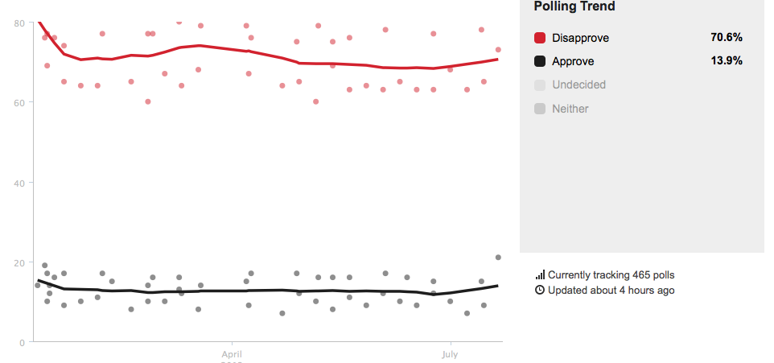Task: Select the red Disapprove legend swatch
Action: [540, 38]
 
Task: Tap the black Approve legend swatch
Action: [540, 61]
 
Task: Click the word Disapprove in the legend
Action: [580, 38]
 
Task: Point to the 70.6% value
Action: [727, 38]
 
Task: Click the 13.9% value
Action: [727, 61]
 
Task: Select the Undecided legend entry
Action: [578, 85]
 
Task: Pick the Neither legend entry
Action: [570, 109]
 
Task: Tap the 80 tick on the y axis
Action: [19, 23]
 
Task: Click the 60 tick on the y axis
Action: [19, 102]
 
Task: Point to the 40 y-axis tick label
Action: [19, 183]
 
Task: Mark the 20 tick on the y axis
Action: [19, 262]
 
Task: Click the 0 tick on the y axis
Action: [22, 342]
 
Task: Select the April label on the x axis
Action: [232, 353]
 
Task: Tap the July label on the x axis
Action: [450, 353]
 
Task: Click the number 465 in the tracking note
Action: [625, 275]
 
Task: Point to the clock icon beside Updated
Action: [540, 290]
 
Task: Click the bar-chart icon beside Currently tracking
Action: [540, 275]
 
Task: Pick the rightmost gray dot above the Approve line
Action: [498, 257]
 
